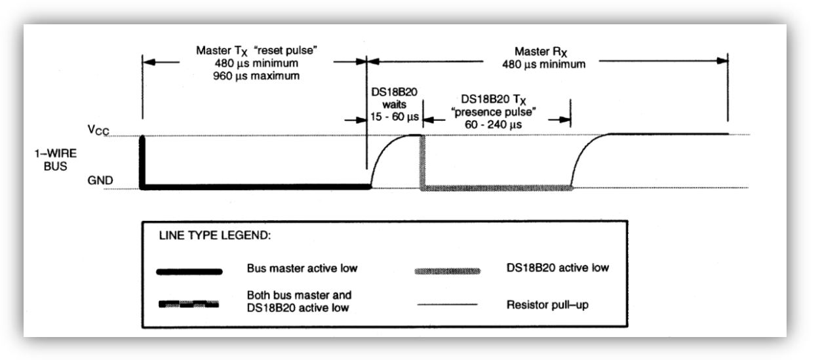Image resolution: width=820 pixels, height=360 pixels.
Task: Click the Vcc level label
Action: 98,130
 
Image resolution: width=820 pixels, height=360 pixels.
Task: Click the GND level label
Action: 100,180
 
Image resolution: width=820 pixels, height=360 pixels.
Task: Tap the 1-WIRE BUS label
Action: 56,160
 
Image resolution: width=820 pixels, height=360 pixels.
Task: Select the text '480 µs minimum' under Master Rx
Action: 543,64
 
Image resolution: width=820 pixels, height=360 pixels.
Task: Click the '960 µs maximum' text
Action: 256,76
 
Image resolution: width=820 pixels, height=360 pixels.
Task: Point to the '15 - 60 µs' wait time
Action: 394,117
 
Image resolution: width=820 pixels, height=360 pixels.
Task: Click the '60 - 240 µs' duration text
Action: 493,125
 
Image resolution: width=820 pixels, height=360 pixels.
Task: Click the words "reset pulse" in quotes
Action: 286,50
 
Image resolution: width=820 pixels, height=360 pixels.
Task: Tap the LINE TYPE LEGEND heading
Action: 215,235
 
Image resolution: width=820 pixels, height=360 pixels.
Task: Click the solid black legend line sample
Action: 189,271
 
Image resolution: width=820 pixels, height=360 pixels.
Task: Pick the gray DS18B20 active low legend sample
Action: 447,271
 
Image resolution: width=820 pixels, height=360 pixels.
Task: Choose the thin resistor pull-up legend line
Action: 447,304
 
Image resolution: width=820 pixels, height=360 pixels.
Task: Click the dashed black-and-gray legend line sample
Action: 189,304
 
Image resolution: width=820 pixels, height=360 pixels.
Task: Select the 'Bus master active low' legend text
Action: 302,268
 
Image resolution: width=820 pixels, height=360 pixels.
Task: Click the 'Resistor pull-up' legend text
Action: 547,305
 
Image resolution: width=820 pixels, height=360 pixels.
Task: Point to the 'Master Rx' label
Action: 541,52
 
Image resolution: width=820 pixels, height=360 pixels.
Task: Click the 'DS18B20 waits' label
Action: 394,98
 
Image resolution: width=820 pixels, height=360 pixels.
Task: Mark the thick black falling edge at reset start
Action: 142,162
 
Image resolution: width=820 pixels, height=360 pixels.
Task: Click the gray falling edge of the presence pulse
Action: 422,162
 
